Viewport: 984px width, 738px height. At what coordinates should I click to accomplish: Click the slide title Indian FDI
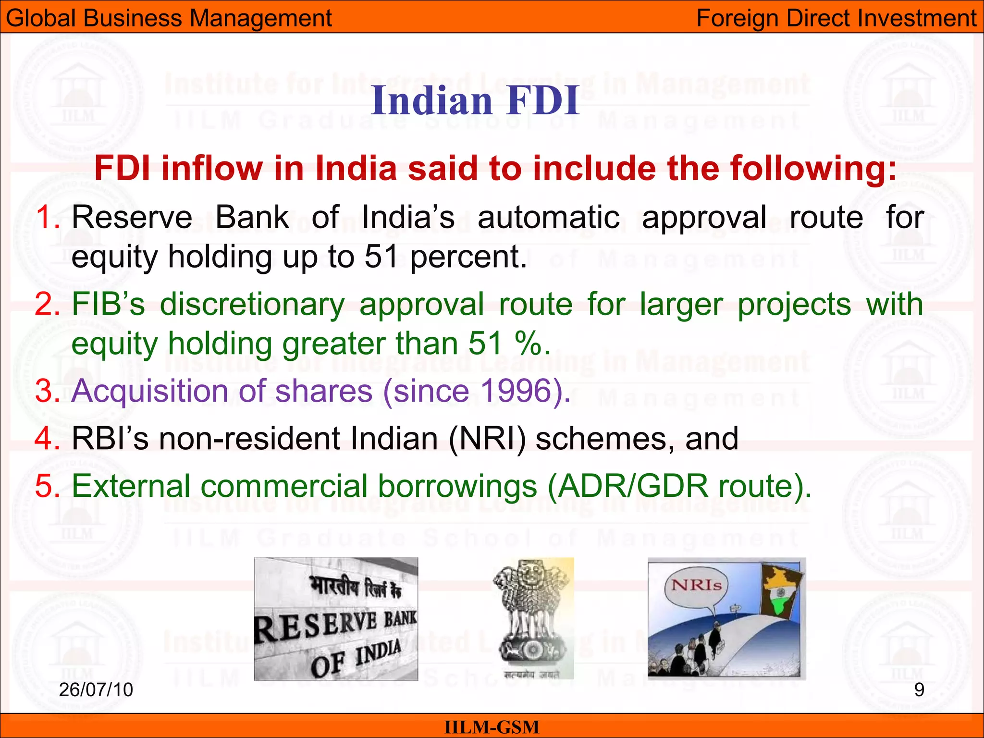tap(475, 100)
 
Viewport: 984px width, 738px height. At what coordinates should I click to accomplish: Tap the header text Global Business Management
tap(169, 18)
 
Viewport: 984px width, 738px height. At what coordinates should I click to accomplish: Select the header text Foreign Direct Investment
tap(836, 18)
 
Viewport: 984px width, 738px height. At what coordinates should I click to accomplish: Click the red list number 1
tap(47, 217)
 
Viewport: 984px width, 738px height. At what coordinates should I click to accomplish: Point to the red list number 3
tap(47, 391)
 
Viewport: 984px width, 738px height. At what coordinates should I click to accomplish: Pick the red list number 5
tap(47, 486)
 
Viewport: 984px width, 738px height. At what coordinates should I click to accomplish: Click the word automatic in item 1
tap(548, 217)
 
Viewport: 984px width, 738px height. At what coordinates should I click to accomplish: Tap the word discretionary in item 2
tap(252, 305)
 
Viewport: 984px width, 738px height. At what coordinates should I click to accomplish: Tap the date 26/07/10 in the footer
tap(96, 690)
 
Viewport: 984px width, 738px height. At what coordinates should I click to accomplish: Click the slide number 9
tap(919, 690)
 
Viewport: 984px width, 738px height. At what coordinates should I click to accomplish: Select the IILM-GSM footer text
tap(492, 727)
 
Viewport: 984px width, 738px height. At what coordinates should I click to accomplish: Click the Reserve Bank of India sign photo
tap(336, 619)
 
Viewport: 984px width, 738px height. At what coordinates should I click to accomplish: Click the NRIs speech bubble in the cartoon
tap(696, 586)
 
